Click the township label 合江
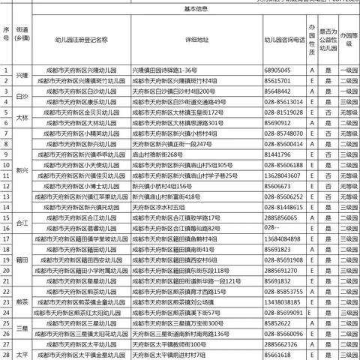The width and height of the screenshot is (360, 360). [22, 222]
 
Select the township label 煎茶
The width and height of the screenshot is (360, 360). [22, 301]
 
